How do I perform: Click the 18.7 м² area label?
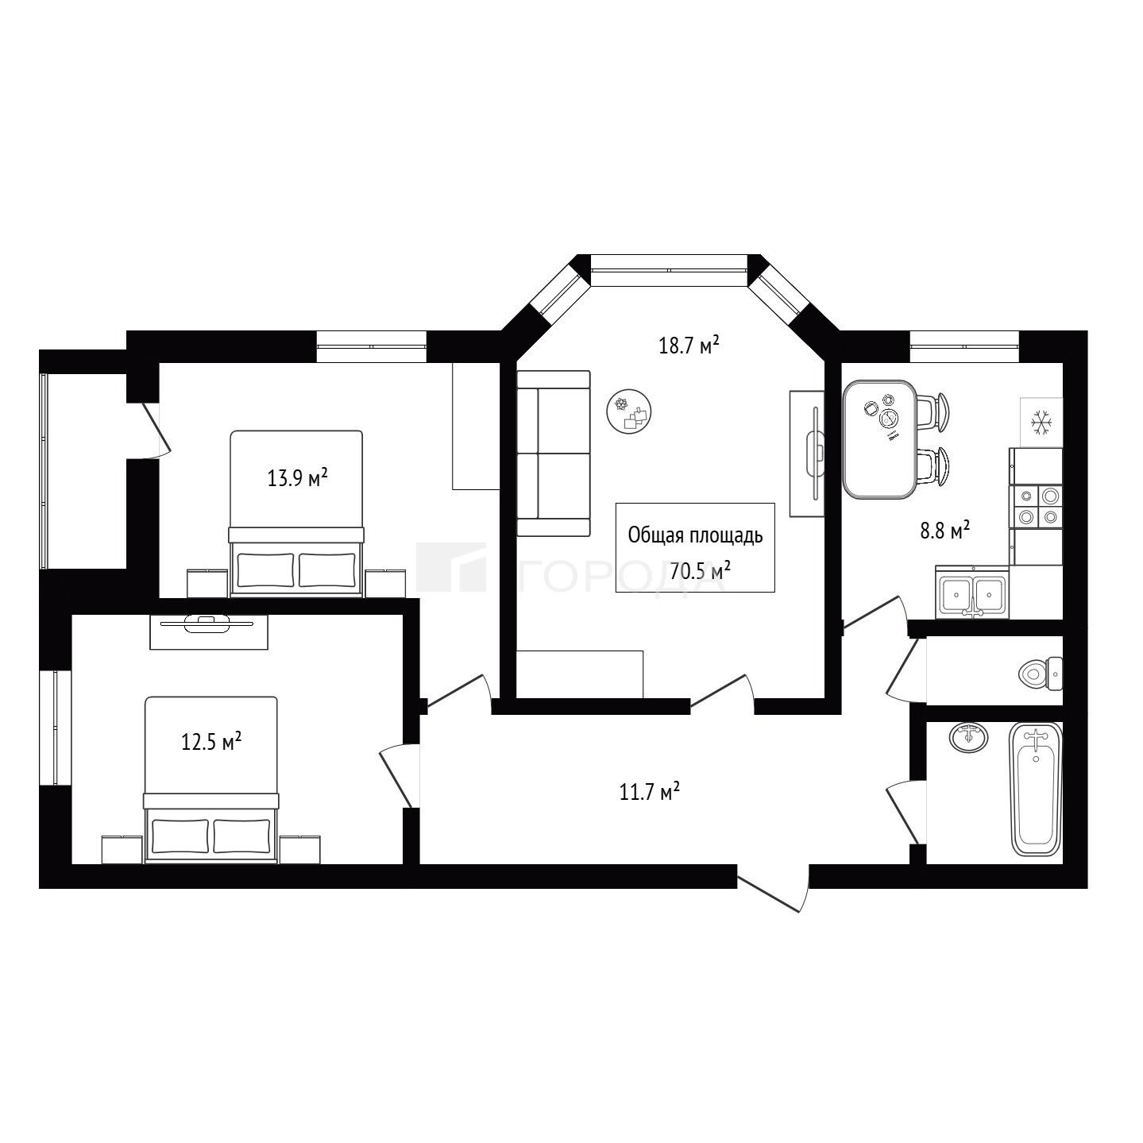point(689,345)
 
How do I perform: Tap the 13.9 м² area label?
point(298,477)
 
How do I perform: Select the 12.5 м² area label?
point(211,741)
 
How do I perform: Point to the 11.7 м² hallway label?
point(650,792)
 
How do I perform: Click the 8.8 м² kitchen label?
point(945,531)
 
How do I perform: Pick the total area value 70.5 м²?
point(700,571)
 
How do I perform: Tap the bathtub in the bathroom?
point(1036,790)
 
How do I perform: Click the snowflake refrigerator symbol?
point(1041,422)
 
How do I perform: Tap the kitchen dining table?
point(879,439)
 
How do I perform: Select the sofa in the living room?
point(554,454)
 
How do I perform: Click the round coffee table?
point(629,411)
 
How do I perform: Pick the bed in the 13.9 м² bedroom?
point(296,514)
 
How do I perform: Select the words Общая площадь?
point(695,536)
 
